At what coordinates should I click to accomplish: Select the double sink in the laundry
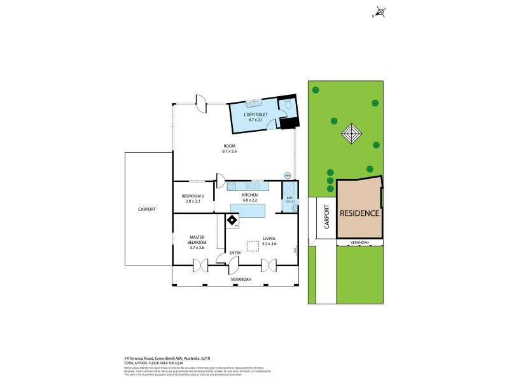pyautogui.click(x=253, y=104)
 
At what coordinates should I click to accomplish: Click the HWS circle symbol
pyautogui.click(x=287, y=176)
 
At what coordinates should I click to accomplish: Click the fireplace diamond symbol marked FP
pyautogui.click(x=233, y=220)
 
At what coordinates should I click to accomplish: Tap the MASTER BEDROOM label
pyautogui.click(x=197, y=242)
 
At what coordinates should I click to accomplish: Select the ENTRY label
pyautogui.click(x=235, y=253)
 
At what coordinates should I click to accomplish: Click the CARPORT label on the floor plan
pyautogui.click(x=146, y=209)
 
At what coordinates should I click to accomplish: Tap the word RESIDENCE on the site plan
pyautogui.click(x=359, y=213)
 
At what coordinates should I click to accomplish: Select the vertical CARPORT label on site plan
pyautogui.click(x=326, y=216)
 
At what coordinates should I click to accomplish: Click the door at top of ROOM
pyautogui.click(x=201, y=104)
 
